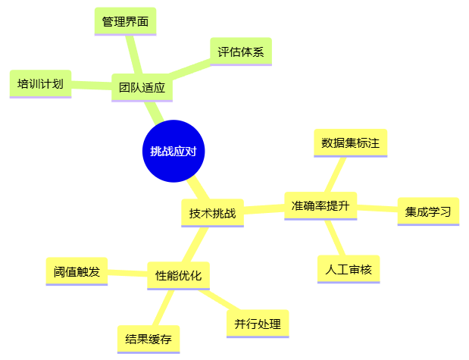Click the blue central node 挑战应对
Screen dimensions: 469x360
pyautogui.click(x=174, y=151)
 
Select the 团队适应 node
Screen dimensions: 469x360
pyautogui.click(x=142, y=87)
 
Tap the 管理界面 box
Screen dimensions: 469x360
pyautogui.click(x=127, y=21)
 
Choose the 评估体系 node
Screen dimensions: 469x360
pyautogui.click(x=240, y=52)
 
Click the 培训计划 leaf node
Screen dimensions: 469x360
pyautogui.click(x=41, y=83)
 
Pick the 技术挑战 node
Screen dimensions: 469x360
pyautogui.click(x=212, y=213)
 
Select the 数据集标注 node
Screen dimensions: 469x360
pyautogui.click(x=350, y=142)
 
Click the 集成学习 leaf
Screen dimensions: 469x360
pyautogui.click(x=428, y=211)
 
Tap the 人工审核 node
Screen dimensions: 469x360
pyautogui.click(x=349, y=269)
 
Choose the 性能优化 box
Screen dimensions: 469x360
pyautogui.click(x=178, y=275)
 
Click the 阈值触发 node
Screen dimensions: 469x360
pyautogui.click(x=77, y=271)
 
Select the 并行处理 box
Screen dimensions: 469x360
pyautogui.click(x=258, y=324)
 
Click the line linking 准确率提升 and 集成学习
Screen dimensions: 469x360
pyautogui.click(x=377, y=208)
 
